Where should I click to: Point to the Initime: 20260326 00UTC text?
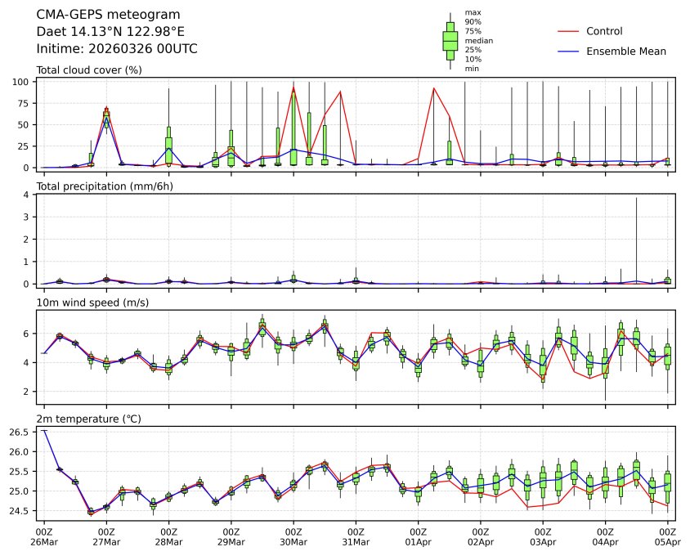tap(117, 49)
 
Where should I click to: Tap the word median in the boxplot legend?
tap(478, 40)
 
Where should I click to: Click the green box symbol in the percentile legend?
tap(450, 40)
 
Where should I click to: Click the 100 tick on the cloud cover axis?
tap(22, 82)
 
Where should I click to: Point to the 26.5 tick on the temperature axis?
tap(20, 432)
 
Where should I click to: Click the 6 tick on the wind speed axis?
tap(27, 334)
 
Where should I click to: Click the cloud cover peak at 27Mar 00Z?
tap(106, 108)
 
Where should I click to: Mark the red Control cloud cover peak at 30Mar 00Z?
tap(293, 87)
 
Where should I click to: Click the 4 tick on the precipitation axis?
tap(27, 195)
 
